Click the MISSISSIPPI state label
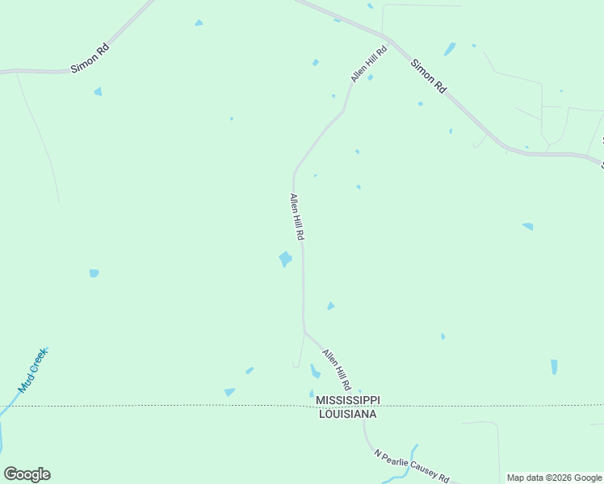pyautogui.click(x=347, y=401)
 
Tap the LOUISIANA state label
pyautogui.click(x=347, y=414)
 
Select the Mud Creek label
pyautogui.click(x=34, y=369)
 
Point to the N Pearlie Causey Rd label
pyautogui.click(x=411, y=466)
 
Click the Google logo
pyautogui.click(x=27, y=474)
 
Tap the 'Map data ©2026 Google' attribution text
pyautogui.click(x=554, y=478)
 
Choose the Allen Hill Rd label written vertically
pyautogui.click(x=296, y=217)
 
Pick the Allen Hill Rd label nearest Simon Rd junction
pyautogui.click(x=369, y=64)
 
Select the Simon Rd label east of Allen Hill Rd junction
pyautogui.click(x=428, y=77)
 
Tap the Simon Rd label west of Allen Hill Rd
pyautogui.click(x=90, y=59)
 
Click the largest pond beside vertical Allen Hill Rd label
pyautogui.click(x=285, y=259)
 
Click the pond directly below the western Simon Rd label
pyautogui.click(x=98, y=92)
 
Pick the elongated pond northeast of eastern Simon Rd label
pyautogui.click(x=450, y=48)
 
